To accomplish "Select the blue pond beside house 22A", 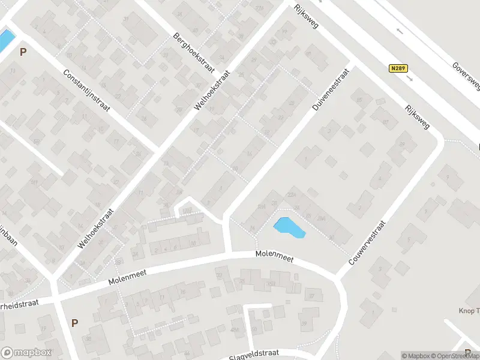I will (288, 227).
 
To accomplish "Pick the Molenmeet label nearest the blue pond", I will (274, 258).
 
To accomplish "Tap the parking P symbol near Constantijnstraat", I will (23, 52).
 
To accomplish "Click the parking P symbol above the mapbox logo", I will (74, 323).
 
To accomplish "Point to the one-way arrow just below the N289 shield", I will (410, 78).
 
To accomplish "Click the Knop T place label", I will (469, 311).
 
